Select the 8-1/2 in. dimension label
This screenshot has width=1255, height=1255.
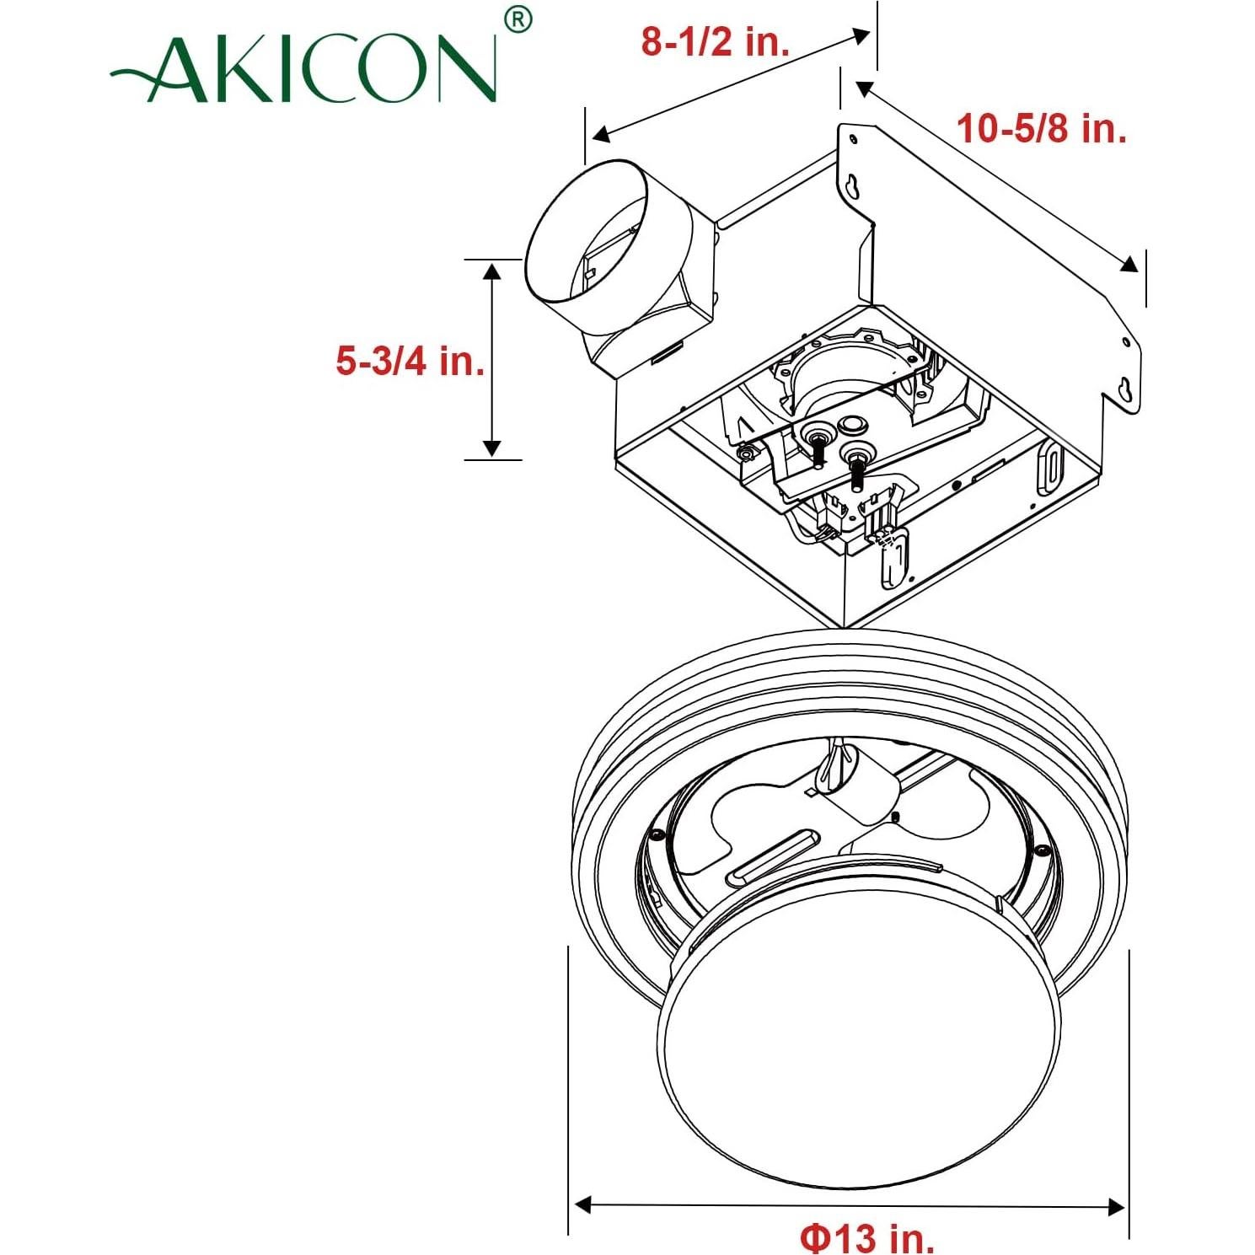tap(715, 41)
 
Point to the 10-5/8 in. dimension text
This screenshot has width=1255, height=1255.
tap(1041, 129)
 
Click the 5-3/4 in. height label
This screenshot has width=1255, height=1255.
tap(410, 361)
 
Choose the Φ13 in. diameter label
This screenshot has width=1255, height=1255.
tap(867, 1237)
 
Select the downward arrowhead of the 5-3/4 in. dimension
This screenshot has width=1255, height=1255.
tap(492, 448)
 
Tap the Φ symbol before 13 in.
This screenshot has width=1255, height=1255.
tap(815, 1237)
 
